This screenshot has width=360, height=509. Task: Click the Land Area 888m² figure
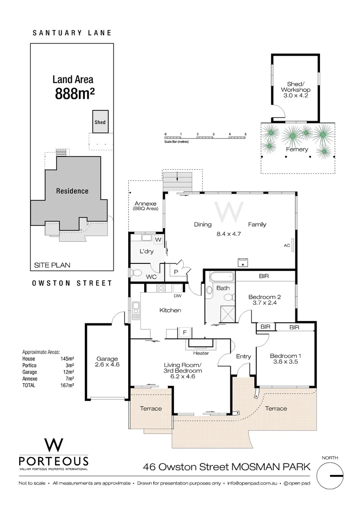coord(75,93)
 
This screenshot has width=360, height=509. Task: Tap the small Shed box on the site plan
coord(100,122)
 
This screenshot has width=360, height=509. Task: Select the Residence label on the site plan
coord(72,191)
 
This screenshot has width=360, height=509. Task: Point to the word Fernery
coord(297,149)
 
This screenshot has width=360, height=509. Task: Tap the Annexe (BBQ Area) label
coord(146,205)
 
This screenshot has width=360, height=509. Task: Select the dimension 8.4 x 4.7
coord(228,233)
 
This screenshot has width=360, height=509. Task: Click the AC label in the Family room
coord(286,246)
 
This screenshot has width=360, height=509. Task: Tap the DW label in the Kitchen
coord(178,296)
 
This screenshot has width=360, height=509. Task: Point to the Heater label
coord(201,353)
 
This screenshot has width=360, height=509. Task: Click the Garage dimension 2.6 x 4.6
coord(106,365)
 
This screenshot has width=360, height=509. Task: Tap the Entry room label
coord(244,356)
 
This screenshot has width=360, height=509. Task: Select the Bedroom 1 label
coord(285,356)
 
